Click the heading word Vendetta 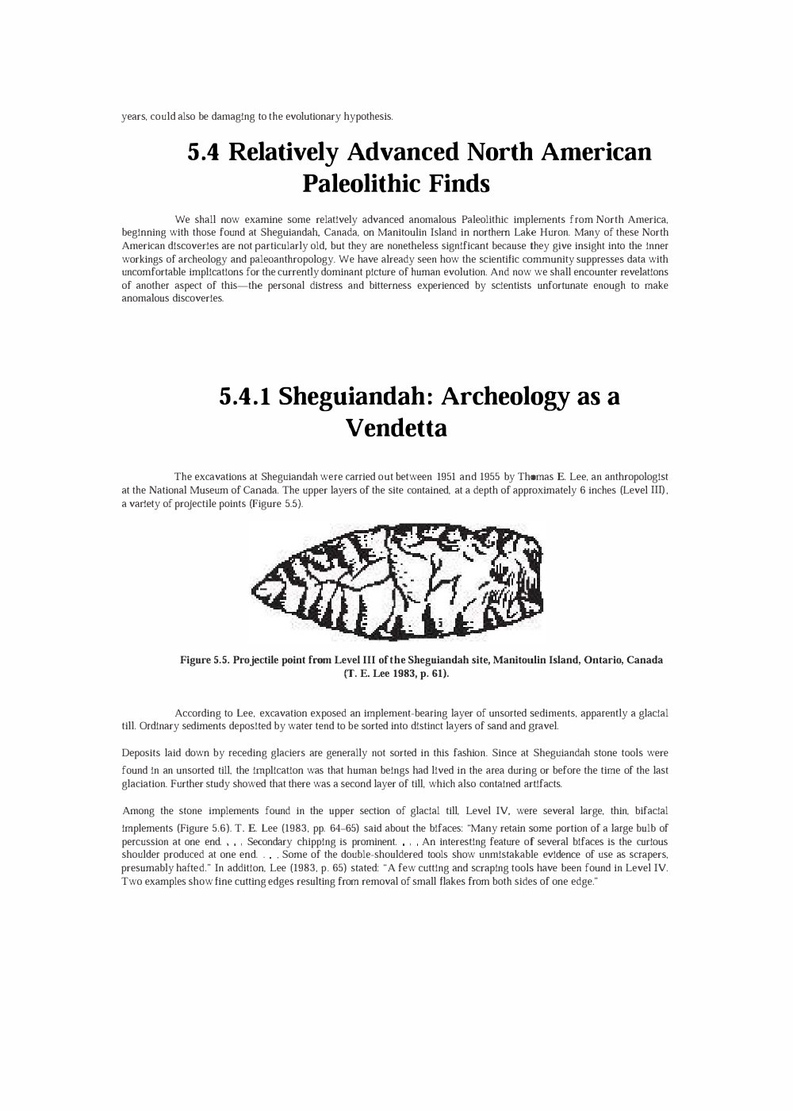pyautogui.click(x=396, y=429)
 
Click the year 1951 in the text pyautogui.click(x=445, y=476)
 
